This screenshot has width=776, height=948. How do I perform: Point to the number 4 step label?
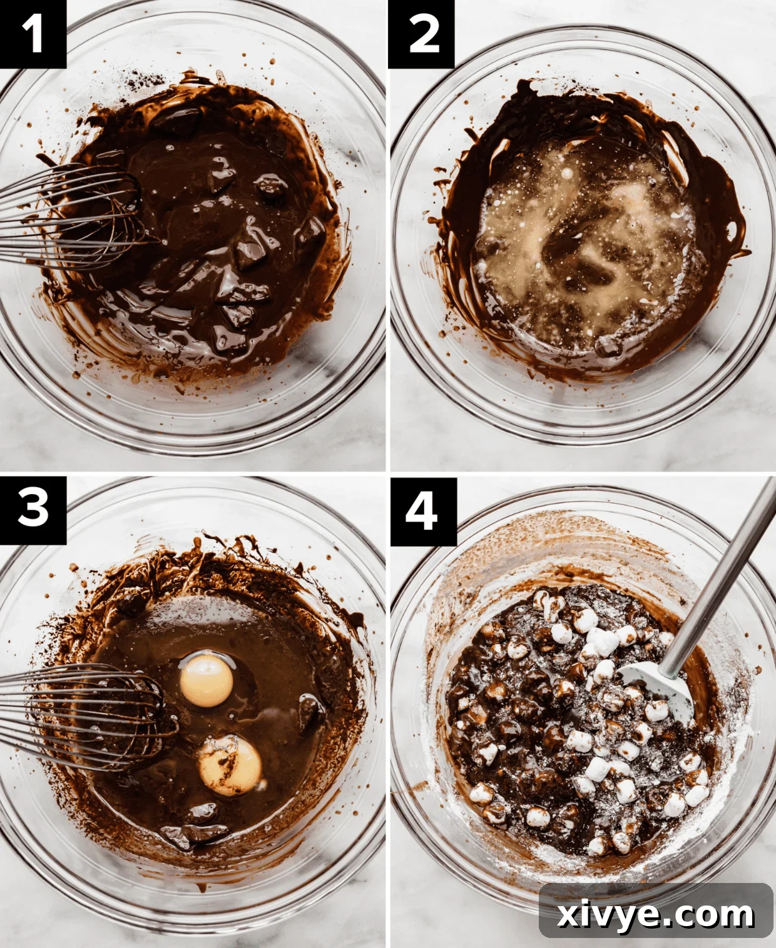tap(422, 511)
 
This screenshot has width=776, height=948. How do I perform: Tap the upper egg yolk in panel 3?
tap(207, 680)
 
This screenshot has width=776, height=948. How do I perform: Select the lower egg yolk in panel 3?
tap(230, 766)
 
